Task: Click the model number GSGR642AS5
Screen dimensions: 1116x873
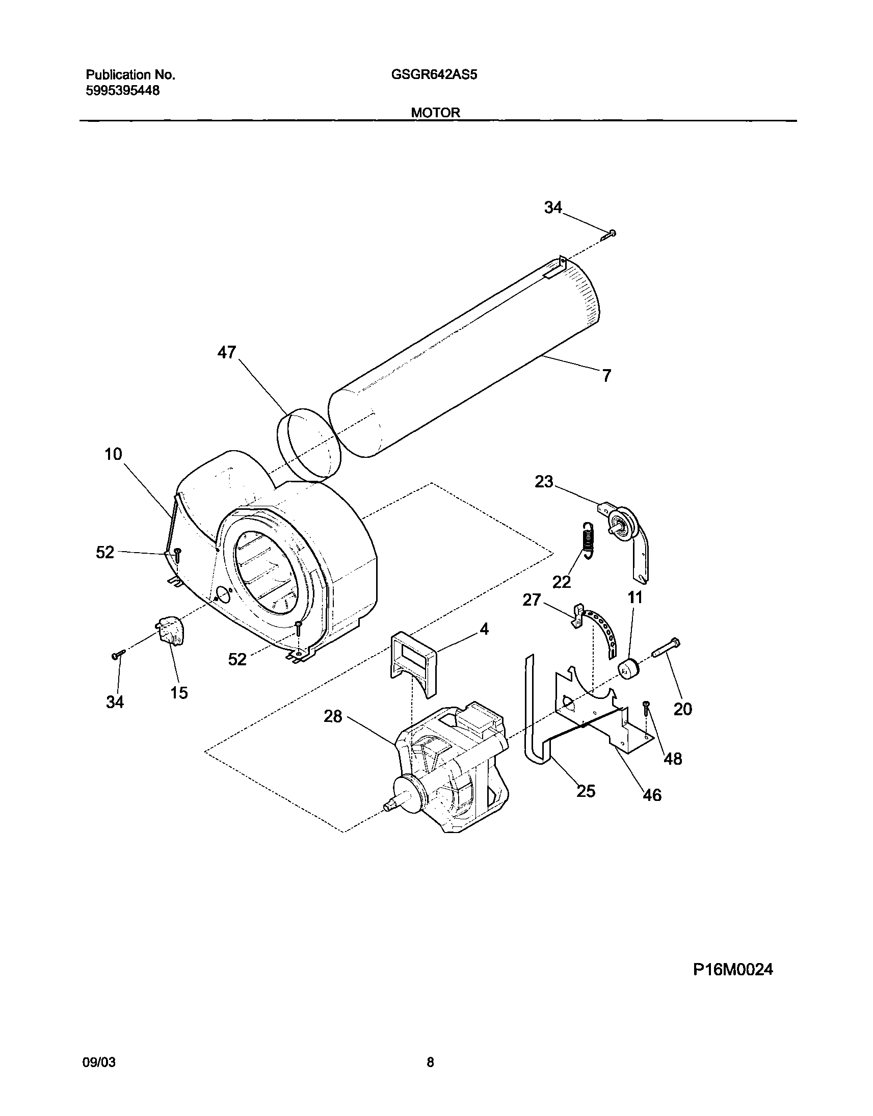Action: click(434, 75)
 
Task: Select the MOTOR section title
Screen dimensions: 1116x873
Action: click(435, 113)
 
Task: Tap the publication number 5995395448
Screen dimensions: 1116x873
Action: click(123, 91)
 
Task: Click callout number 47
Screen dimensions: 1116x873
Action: click(227, 352)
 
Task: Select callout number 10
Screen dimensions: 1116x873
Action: click(114, 454)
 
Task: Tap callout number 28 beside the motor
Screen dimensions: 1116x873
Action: click(333, 717)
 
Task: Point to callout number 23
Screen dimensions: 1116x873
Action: click(544, 482)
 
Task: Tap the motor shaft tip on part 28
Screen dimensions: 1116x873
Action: click(389, 806)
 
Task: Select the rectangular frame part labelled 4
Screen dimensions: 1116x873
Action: click(414, 663)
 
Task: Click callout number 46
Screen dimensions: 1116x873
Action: click(652, 795)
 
